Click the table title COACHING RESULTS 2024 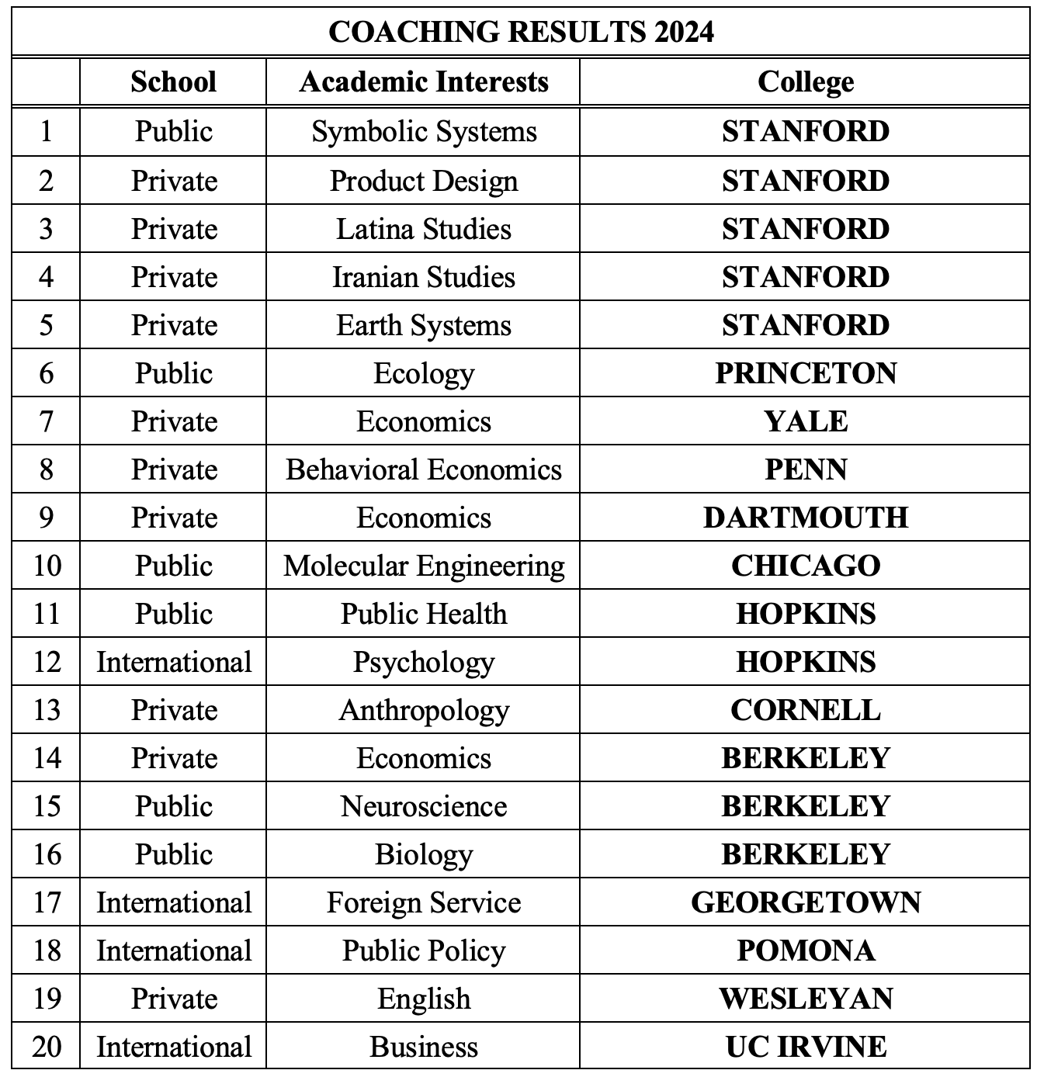tap(520, 32)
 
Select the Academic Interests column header tap(423, 81)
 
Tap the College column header tap(805, 81)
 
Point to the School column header tap(173, 81)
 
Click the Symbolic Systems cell tap(423, 131)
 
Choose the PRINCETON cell tap(805, 373)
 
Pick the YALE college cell tap(805, 421)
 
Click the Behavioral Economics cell tap(423, 469)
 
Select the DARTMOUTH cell tap(805, 518)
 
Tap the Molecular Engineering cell tap(423, 566)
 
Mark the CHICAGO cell tap(805, 566)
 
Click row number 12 tap(47, 662)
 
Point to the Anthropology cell tap(423, 710)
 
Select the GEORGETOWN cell tap(805, 902)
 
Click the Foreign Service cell tap(423, 902)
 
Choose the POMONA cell tap(805, 951)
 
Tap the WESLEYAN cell tap(805, 999)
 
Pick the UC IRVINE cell tap(805, 1047)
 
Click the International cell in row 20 tap(173, 1047)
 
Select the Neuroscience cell tap(423, 806)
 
